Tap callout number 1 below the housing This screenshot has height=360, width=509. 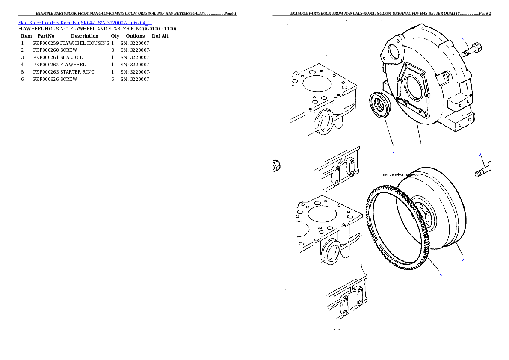[421, 150]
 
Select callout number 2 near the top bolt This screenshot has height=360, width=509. [462, 40]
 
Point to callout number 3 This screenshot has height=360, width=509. [394, 151]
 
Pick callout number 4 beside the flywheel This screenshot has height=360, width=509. [463, 260]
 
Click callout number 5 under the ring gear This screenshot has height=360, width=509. [441, 275]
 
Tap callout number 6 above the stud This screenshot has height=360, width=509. [479, 154]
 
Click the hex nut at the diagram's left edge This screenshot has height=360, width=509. [276, 165]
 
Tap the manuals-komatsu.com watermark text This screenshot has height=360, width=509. [402, 174]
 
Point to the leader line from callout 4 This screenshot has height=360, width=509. [456, 251]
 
